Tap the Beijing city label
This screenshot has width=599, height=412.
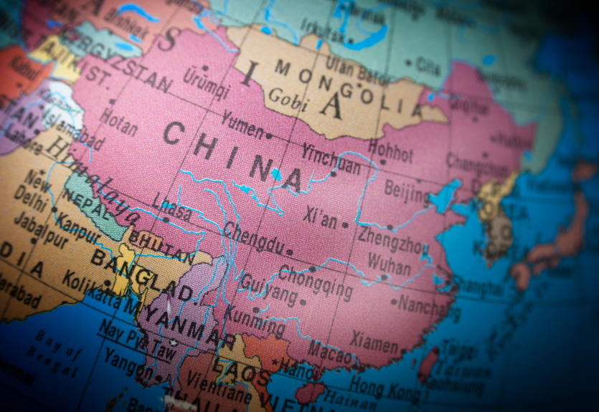click(406, 190)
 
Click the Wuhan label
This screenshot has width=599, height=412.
click(389, 261)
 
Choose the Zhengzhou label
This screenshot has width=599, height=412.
click(392, 239)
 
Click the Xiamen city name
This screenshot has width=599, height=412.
click(374, 342)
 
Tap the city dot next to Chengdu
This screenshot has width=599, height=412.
click(289, 252)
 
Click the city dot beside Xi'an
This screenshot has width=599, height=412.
click(345, 225)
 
